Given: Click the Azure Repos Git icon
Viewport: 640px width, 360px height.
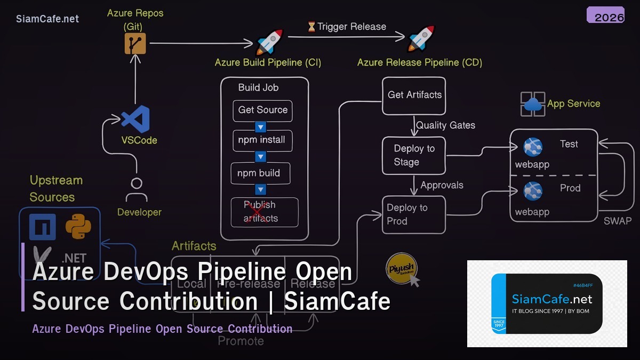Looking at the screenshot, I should click(135, 44).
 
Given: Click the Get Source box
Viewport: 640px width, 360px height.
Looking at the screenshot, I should click(262, 110).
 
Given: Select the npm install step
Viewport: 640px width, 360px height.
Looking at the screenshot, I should click(261, 141).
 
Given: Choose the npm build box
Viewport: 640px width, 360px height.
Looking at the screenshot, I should click(259, 173).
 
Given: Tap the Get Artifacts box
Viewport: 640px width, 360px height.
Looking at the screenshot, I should click(414, 95).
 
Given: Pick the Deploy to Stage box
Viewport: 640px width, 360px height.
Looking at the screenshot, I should click(414, 156).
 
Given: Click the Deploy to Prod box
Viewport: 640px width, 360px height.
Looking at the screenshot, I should click(414, 214).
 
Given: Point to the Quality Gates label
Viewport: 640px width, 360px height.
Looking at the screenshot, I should click(445, 125).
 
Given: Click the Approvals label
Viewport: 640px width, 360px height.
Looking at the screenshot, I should click(442, 186).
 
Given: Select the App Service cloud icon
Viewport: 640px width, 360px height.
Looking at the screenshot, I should click(532, 104).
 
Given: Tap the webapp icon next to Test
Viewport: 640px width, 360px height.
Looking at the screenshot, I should click(532, 147).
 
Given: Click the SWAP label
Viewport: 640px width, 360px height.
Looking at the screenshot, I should click(617, 221).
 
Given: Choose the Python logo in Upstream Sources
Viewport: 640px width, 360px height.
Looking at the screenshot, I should click(78, 227).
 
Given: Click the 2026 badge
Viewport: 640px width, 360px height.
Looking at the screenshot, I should click(609, 17).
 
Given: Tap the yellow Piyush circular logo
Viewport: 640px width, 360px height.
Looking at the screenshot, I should click(401, 268).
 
